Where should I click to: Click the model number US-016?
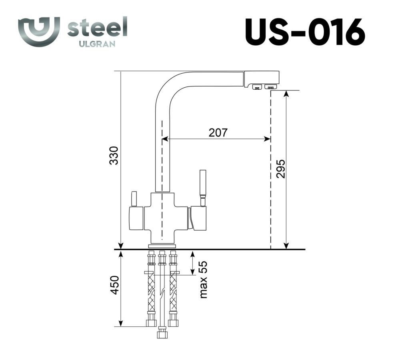click(305, 32)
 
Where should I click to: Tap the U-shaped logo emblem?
click(39, 31)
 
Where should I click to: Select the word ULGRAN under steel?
click(97, 44)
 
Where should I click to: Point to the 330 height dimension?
click(114, 156)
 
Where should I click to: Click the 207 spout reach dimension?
click(218, 133)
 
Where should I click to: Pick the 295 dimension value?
click(280, 169)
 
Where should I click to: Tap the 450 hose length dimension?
click(115, 285)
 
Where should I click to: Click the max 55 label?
click(204, 280)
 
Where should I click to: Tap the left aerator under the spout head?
click(256, 86)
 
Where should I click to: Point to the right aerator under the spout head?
click(271, 86)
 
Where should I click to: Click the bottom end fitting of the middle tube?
click(162, 333)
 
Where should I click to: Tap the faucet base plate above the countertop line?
click(162, 245)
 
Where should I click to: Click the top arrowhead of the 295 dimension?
click(286, 93)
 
